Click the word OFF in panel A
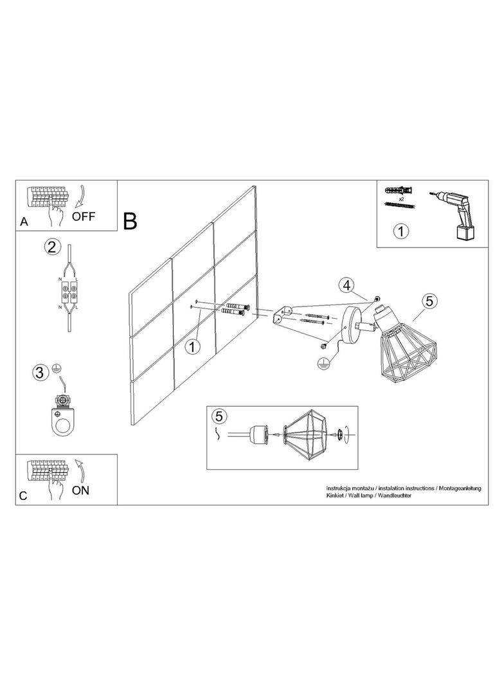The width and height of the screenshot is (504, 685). [83, 216]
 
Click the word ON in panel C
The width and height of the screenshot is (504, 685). [80, 490]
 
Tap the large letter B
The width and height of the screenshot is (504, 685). [130, 221]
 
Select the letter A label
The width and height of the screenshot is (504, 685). [24, 222]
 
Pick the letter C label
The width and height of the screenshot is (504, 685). [24, 496]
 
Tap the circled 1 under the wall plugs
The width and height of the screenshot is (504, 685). [401, 231]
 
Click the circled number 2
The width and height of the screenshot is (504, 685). [51, 247]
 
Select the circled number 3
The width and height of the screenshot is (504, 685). [40, 373]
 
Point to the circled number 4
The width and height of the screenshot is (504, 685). [346, 286]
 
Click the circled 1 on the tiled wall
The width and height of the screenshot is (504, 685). [192, 347]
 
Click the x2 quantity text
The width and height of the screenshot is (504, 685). [400, 199]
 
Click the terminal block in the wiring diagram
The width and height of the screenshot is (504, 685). [69, 292]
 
